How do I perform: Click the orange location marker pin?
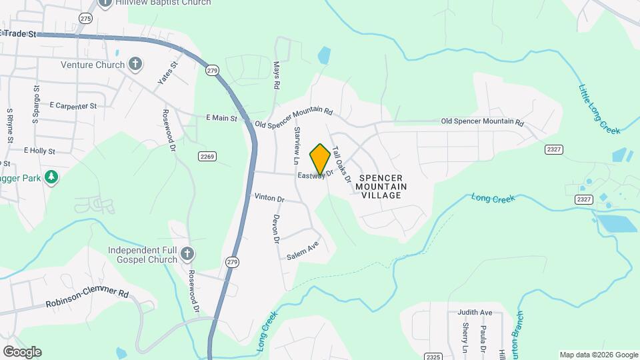coord(320,159)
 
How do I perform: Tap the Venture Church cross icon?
coord(135,65)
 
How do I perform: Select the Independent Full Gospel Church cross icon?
coord(187,254)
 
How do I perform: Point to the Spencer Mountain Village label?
coord(382,187)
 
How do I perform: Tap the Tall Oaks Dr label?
coord(341,165)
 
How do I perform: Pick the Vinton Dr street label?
coord(269,199)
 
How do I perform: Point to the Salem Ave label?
coord(303,250)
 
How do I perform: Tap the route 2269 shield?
coord(207,156)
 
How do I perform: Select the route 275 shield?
coord(85,19)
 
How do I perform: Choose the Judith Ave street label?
coord(474,312)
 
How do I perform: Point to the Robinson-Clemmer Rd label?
coord(87,298)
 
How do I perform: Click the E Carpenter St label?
coord(73,105)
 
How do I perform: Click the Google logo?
coord(22,351)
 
